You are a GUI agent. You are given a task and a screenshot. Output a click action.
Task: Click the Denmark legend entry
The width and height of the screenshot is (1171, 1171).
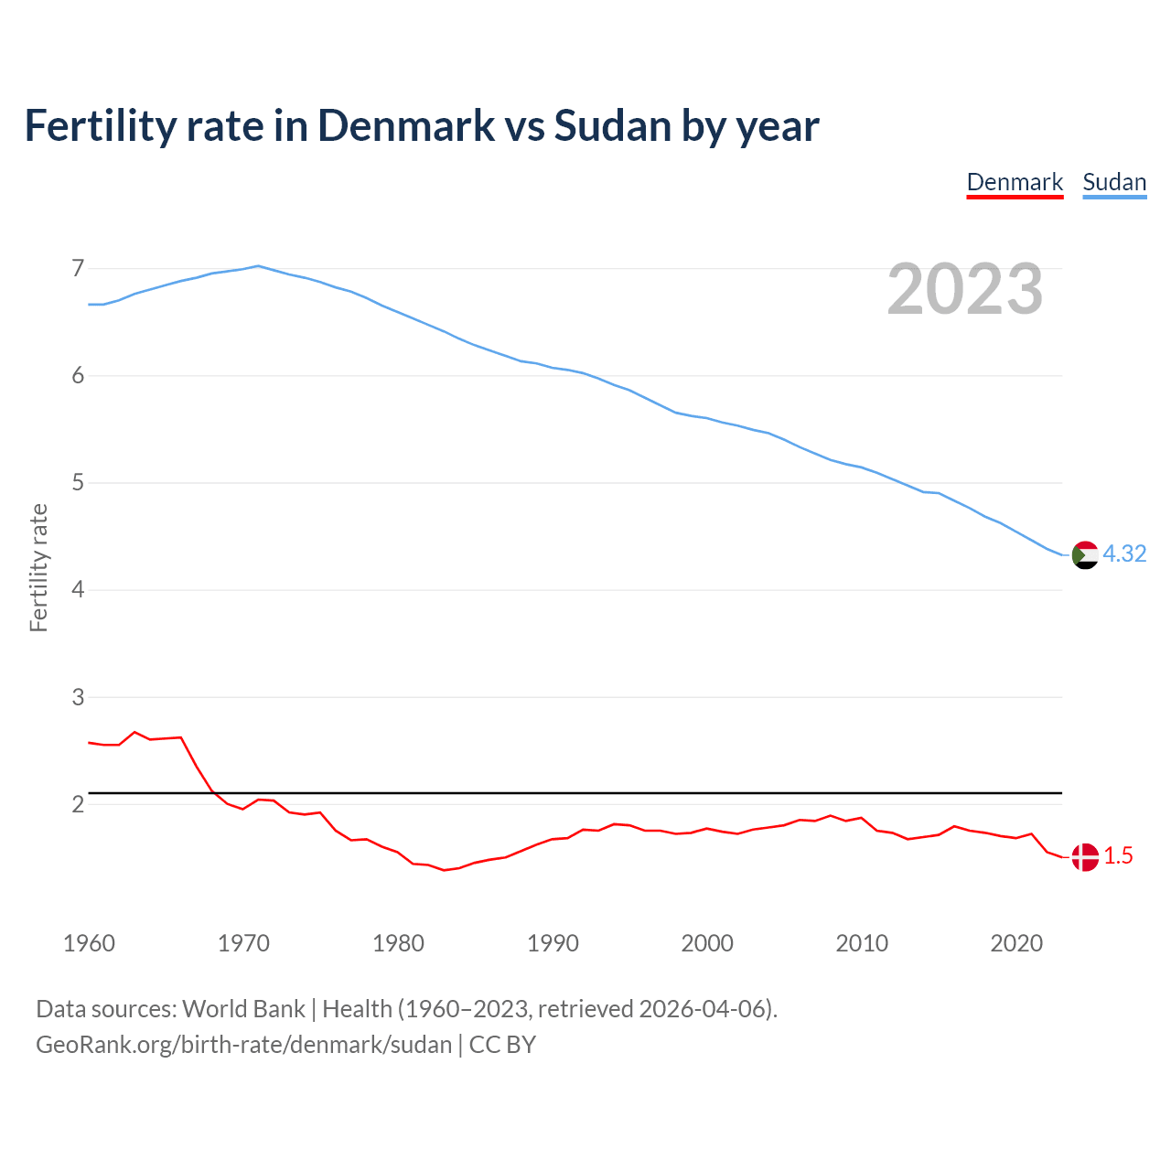pos(1015,182)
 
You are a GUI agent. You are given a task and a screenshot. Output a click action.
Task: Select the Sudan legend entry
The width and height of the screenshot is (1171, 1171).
pos(1114,182)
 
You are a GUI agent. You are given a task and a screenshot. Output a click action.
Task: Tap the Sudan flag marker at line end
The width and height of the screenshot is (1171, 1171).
pos(1084,554)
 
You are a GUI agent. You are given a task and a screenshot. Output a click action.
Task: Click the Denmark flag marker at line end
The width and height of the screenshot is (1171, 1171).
pos(1084,856)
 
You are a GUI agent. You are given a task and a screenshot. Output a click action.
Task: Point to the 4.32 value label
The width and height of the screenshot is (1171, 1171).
pos(1124,554)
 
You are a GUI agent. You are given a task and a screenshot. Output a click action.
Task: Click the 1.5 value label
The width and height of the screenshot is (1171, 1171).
pos(1118,856)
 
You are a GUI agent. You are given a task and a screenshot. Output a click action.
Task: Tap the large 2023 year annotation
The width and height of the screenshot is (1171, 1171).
pos(965,289)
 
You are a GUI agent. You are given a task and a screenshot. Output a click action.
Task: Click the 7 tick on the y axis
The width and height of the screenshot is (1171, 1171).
pos(78,269)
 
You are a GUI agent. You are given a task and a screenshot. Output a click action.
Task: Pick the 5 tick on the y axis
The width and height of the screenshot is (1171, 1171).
pos(78,483)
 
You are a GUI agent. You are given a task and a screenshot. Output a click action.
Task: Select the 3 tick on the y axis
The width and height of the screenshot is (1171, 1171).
pos(78,697)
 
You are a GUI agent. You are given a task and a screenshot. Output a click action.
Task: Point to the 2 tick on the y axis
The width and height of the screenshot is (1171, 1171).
pos(78,805)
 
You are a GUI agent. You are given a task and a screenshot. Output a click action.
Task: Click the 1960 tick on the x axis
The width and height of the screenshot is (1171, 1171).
pos(89,943)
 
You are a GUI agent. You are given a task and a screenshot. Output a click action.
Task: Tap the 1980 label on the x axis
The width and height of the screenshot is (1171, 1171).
pos(398,943)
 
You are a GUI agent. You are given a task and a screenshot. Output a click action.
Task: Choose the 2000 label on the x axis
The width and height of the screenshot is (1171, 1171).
pos(707,943)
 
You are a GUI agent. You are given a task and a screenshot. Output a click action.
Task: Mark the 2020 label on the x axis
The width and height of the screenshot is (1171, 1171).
pos(1016,943)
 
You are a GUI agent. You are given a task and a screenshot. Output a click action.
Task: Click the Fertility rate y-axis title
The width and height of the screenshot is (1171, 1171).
pos(38,567)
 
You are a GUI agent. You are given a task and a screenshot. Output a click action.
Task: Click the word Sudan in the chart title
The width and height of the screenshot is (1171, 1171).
pos(613,126)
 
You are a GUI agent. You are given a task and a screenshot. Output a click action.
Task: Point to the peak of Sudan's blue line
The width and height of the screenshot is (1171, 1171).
pos(258,266)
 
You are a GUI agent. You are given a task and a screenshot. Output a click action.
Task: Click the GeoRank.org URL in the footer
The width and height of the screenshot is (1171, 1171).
pos(243,1045)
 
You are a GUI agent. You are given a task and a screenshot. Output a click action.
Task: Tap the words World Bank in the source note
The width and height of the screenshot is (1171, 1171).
pos(243,1009)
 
